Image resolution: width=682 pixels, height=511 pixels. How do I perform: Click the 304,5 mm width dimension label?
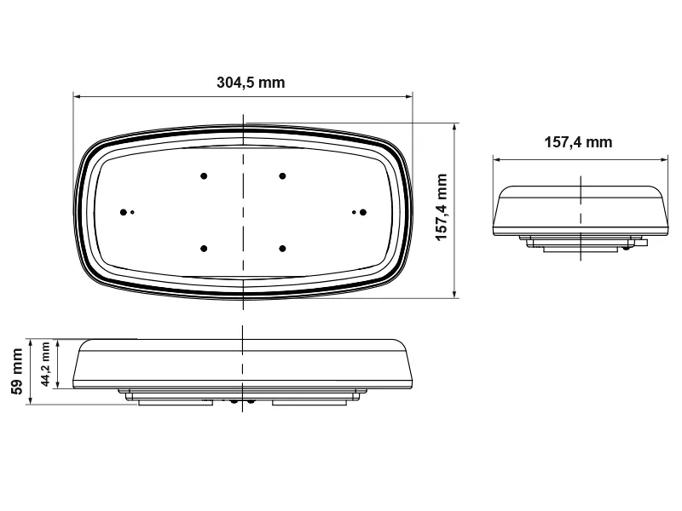(x=251, y=83)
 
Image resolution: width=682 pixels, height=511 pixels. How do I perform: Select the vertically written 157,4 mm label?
(x=442, y=208)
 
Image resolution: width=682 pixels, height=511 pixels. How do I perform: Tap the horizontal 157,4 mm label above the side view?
(x=578, y=142)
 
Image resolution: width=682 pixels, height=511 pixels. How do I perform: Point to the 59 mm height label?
(x=16, y=371)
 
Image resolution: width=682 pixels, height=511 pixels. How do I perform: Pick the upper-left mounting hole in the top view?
(x=204, y=175)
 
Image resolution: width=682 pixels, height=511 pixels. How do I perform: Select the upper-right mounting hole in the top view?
(x=282, y=175)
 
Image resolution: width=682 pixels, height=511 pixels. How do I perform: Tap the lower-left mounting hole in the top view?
(x=204, y=248)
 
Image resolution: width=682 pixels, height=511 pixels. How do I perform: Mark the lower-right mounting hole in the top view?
(x=282, y=248)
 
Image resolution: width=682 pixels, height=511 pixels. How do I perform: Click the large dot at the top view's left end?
(x=124, y=211)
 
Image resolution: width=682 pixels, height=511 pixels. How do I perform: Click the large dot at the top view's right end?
(x=362, y=211)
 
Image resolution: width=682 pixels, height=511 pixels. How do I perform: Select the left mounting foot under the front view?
(x=175, y=402)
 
